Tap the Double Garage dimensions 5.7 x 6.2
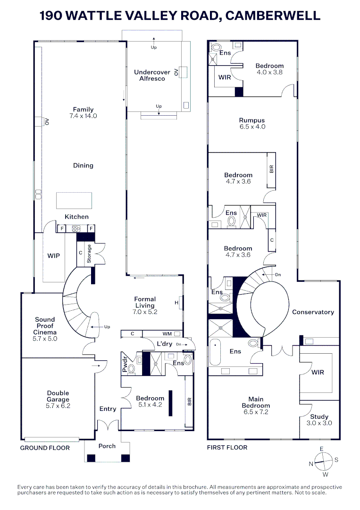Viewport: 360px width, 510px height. pyautogui.click(x=58, y=406)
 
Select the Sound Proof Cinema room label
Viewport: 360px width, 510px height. pyautogui.click(x=45, y=326)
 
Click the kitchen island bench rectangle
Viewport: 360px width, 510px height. pyautogui.click(x=74, y=200)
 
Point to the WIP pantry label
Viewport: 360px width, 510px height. pyautogui.click(x=54, y=255)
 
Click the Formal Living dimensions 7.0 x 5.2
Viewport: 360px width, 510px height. pyautogui.click(x=145, y=312)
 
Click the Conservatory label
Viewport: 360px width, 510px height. pyautogui.click(x=313, y=312)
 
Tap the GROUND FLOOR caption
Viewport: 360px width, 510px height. pyautogui.click(x=45, y=448)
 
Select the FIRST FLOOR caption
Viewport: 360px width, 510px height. pyautogui.click(x=227, y=447)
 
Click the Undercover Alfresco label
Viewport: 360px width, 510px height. pyautogui.click(x=152, y=76)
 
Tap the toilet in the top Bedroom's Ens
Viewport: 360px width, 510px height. pyautogui.click(x=217, y=47)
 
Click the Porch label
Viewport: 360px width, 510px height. pyautogui.click(x=107, y=446)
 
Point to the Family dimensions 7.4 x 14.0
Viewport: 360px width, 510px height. pyautogui.click(x=83, y=116)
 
